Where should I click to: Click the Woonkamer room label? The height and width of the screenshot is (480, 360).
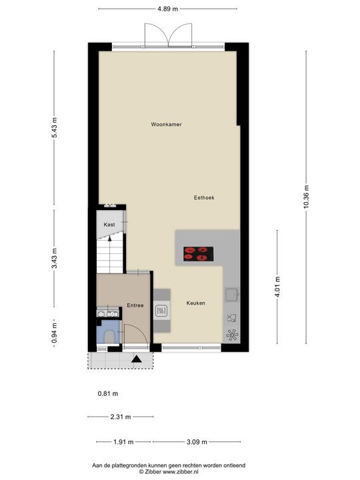tap(166, 124)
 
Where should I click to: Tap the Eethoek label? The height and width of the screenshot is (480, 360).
tap(204, 198)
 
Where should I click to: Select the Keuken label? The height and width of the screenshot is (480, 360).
tap(195, 303)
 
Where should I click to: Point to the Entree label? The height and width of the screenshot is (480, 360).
tap(135, 305)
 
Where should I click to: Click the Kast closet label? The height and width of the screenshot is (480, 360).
tap(109, 225)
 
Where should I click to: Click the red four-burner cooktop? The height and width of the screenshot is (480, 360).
tap(199, 254)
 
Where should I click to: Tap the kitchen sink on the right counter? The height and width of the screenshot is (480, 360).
tap(231, 295)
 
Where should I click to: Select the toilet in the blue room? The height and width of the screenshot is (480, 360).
tap(109, 337)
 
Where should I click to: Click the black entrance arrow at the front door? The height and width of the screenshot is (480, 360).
tap(136, 359)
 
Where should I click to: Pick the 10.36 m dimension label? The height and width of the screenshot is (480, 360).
tap(306, 197)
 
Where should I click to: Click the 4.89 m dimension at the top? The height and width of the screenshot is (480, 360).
tap(168, 9)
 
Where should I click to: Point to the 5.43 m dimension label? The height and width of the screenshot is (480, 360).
tap(54, 127)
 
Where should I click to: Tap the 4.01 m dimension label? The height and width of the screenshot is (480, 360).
tap(277, 287)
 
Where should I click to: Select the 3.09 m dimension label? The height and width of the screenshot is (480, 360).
tap(197, 442)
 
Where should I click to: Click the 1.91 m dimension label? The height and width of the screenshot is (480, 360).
tap(124, 442)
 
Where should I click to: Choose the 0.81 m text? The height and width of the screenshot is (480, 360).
tap(108, 394)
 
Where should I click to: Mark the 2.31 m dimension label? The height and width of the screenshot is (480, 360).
tap(121, 417)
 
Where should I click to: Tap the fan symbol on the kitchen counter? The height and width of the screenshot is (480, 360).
tap(232, 335)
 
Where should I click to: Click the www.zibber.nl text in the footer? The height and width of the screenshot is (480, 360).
tap(180, 472)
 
